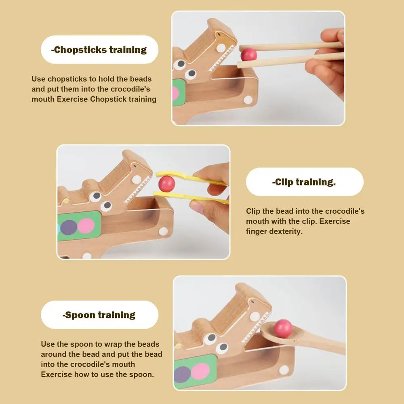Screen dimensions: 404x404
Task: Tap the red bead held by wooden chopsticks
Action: [248, 55]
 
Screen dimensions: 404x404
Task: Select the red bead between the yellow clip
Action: [167, 183]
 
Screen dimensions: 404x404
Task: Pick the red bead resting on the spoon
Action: [283, 328]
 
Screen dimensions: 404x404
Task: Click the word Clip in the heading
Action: [284, 182]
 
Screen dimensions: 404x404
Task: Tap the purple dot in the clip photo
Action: [69, 227]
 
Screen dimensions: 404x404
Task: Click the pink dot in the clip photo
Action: [86, 226]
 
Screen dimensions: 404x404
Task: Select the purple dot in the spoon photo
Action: [183, 375]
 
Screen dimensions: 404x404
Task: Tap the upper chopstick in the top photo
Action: [291, 46]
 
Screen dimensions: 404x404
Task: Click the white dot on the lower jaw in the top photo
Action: [248, 100]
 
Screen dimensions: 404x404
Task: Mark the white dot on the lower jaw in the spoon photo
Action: [284, 370]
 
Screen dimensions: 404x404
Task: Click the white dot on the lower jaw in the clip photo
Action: [163, 231]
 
